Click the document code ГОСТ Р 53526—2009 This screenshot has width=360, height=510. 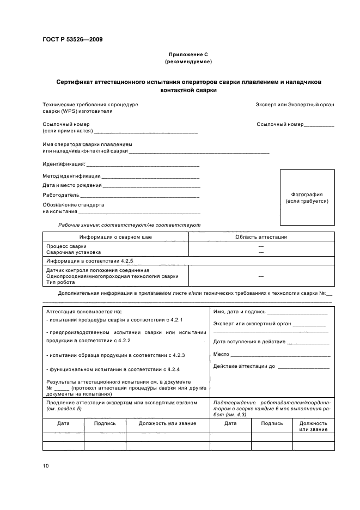tap(72, 39)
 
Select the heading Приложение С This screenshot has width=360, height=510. tap(188, 55)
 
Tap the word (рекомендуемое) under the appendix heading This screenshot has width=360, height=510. tap(188, 62)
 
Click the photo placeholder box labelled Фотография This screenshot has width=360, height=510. tap(307, 197)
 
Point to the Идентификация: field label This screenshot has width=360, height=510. tap(64, 163)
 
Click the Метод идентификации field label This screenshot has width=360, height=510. tap(71, 176)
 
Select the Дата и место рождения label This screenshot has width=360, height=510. tap(72, 185)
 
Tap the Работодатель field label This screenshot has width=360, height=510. tap(61, 195)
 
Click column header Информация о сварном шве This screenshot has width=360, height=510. tap(115, 237)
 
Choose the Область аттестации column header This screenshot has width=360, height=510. tap(261, 237)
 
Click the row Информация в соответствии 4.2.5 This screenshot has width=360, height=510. tap(86, 262)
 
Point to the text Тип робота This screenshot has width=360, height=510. tap(59, 282)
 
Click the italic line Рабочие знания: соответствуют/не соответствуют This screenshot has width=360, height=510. tap(129, 225)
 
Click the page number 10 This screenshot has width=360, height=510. tap(46, 465)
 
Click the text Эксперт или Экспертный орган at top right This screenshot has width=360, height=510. tap(295, 104)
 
